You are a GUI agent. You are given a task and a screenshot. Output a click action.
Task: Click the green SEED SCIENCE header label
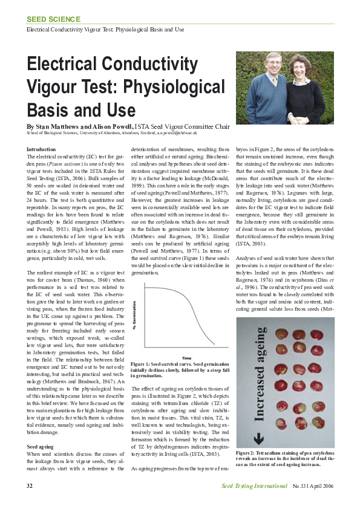tap(53, 19)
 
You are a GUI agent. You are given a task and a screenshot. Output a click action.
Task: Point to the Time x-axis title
tap(187, 357)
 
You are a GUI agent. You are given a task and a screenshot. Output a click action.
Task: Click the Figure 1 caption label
tap(143, 364)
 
